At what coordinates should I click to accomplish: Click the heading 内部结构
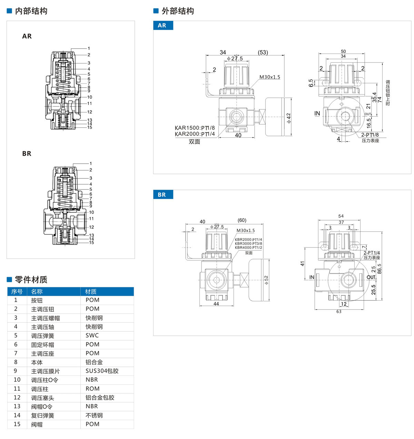(x=31, y=11)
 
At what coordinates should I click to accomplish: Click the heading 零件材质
(x=31, y=280)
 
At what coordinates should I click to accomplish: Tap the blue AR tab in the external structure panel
(x=162, y=26)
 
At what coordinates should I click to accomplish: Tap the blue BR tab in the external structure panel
(x=162, y=195)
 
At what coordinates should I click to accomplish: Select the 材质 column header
(x=91, y=292)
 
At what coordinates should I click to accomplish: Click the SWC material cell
(x=92, y=335)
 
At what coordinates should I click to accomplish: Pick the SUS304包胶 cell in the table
(x=102, y=371)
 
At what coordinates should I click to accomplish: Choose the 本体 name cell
(x=37, y=362)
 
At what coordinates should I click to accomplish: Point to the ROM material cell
(x=92, y=389)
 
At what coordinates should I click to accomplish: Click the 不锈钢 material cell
(x=94, y=416)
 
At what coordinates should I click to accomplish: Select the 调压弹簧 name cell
(x=42, y=336)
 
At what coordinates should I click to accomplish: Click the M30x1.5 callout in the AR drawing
(x=270, y=77)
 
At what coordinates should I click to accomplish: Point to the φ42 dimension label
(x=289, y=118)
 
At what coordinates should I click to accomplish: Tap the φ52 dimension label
(x=266, y=280)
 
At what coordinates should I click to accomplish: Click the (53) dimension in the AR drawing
(x=263, y=52)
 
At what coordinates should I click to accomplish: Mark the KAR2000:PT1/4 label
(x=195, y=134)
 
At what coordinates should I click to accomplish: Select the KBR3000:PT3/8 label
(x=248, y=244)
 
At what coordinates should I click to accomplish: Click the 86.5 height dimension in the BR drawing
(x=379, y=269)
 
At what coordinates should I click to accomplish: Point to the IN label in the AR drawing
(x=317, y=113)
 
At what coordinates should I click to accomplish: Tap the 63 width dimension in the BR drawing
(x=339, y=311)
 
